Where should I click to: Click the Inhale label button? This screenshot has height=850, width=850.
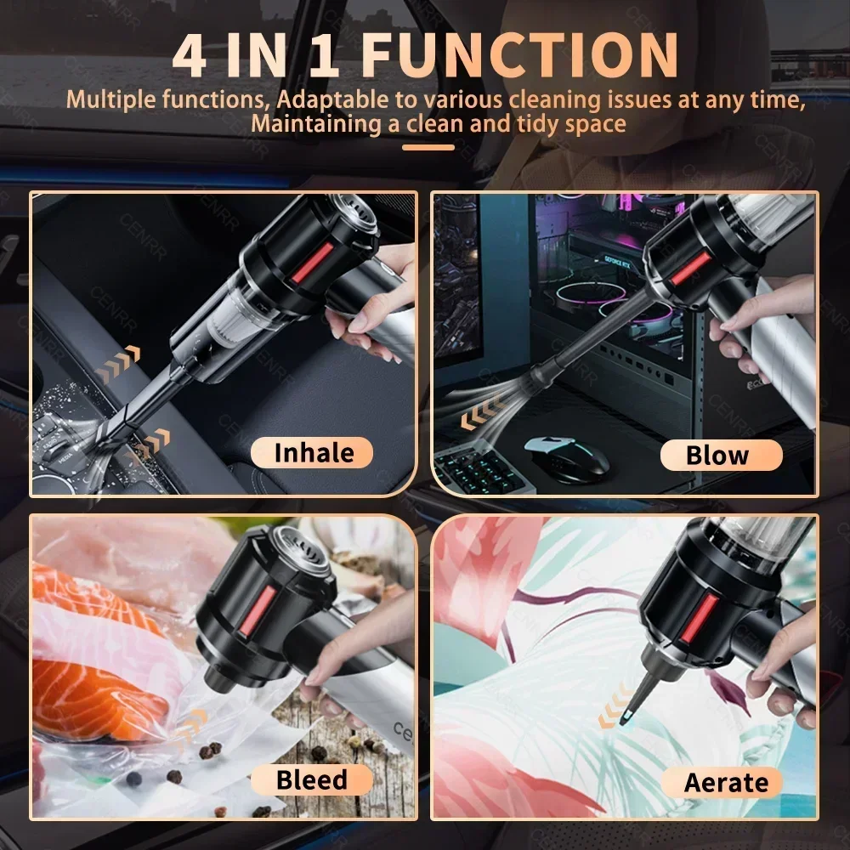point(313,452)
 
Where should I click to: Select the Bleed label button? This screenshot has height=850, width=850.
point(311,779)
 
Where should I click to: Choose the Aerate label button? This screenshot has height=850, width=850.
point(725,782)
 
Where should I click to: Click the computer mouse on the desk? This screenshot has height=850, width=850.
point(567,454)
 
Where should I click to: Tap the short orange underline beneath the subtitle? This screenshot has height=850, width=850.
point(428,147)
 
